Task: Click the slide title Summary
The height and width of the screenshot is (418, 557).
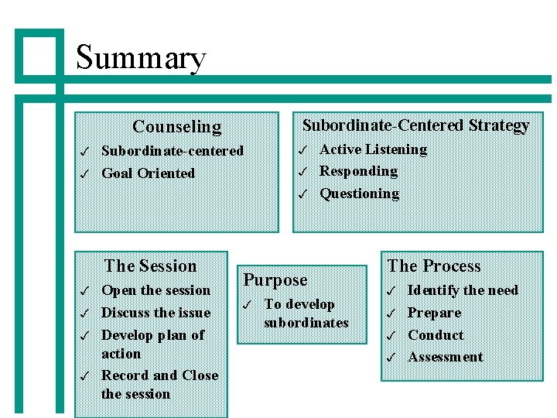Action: click(141, 58)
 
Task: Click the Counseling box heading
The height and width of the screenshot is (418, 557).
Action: click(177, 126)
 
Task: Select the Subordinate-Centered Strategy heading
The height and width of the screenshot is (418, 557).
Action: click(415, 125)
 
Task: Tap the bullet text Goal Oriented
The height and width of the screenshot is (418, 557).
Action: click(149, 173)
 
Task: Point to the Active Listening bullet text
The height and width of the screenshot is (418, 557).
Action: click(373, 149)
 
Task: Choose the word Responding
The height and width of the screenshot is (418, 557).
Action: click(358, 171)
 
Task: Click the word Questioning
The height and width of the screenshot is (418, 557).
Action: click(359, 194)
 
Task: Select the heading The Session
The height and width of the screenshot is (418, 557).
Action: click(151, 266)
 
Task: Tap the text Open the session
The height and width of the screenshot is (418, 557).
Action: click(156, 290)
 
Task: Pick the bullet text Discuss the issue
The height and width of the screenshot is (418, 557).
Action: click(156, 313)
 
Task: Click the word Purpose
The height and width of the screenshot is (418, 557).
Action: click(275, 280)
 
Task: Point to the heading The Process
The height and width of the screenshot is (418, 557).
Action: click(434, 266)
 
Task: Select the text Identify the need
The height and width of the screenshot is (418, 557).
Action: click(463, 290)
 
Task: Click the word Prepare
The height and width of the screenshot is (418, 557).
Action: click(434, 313)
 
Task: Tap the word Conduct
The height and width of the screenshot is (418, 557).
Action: click(436, 335)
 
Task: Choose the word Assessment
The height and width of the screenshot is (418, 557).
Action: click(445, 357)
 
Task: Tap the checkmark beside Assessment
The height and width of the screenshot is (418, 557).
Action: click(391, 358)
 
